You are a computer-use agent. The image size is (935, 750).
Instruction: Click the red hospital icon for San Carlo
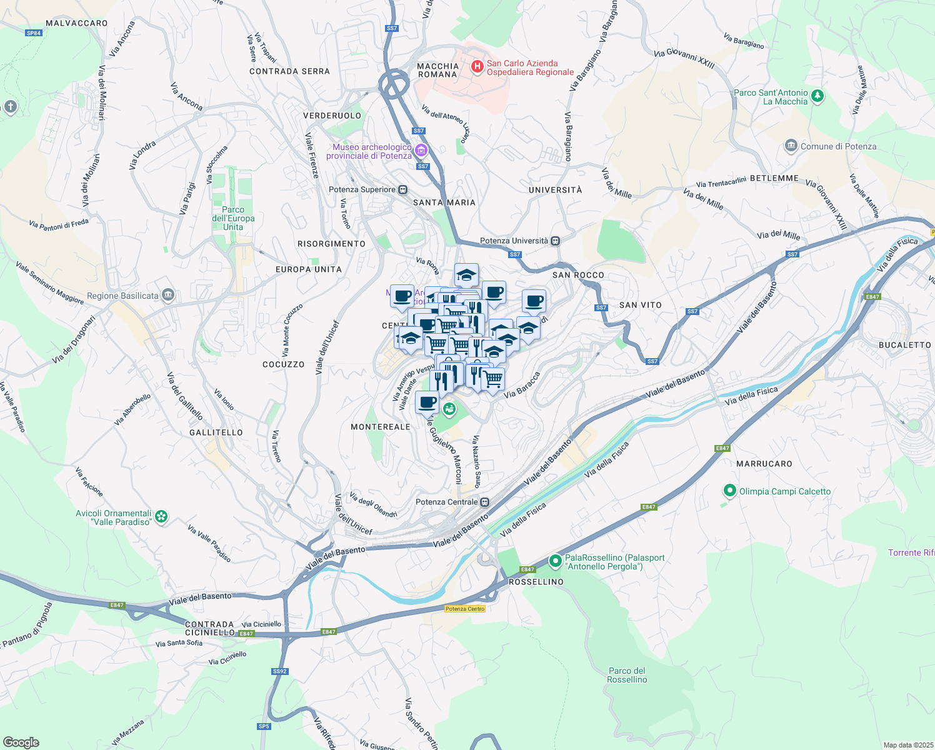coord(477,66)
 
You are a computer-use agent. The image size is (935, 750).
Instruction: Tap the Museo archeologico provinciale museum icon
coord(421,151)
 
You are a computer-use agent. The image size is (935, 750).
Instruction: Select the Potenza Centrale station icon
coord(485,502)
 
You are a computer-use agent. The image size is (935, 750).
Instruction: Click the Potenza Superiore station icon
coord(403,189)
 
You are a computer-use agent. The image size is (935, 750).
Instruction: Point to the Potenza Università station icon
coord(556,241)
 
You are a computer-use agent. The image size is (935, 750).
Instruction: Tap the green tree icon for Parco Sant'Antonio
coord(817,96)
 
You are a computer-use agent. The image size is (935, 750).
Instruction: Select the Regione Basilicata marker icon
coord(167,295)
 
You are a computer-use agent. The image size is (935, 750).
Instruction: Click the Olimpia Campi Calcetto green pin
coord(729,491)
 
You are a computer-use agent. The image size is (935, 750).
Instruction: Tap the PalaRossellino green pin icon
coord(555,561)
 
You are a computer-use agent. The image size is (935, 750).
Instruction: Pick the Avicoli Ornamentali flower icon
coord(162,517)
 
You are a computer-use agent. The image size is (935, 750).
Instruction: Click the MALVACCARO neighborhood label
coord(77,23)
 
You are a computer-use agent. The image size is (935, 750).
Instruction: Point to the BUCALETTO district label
coord(904,345)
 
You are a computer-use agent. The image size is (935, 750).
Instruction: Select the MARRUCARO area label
coord(764,464)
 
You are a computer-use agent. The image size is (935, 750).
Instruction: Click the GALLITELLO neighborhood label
coord(216,432)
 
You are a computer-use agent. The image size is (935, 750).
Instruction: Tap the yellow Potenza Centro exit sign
coord(465,609)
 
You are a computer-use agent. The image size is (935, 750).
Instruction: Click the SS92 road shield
coord(279,671)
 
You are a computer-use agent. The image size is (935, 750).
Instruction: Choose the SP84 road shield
coord(34,33)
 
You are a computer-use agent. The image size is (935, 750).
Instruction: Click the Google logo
coord(21,742)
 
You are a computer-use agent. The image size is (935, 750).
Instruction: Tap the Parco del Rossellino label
coord(627,675)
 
